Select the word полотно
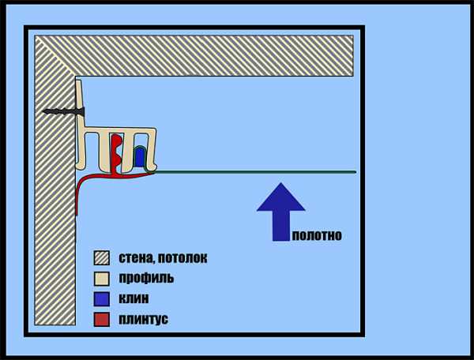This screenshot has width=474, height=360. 316,235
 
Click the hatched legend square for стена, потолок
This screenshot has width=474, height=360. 101,258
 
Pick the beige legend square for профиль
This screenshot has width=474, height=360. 101,279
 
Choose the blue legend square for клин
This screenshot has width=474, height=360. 101,299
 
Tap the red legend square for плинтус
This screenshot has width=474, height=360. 101,320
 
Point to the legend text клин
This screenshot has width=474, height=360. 134,299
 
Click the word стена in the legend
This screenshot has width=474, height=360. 135,258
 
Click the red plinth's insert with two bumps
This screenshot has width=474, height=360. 118,152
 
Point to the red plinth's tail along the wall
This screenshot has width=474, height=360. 77,197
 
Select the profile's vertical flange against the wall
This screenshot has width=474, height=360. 81,111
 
